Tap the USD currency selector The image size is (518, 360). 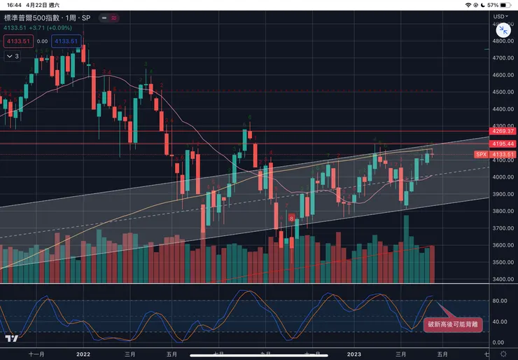pos(500,15)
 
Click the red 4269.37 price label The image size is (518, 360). pos(503,131)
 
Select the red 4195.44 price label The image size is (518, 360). pos(503,144)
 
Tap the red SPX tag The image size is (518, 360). pos(481,154)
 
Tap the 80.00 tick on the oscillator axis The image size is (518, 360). pos(500,301)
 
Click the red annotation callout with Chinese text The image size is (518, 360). pos(454,324)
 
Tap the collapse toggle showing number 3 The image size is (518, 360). pos(13,56)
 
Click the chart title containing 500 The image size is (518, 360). pos(42,16)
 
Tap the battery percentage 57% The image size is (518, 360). pos(492,4)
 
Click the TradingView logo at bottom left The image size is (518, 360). pos(10,339)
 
